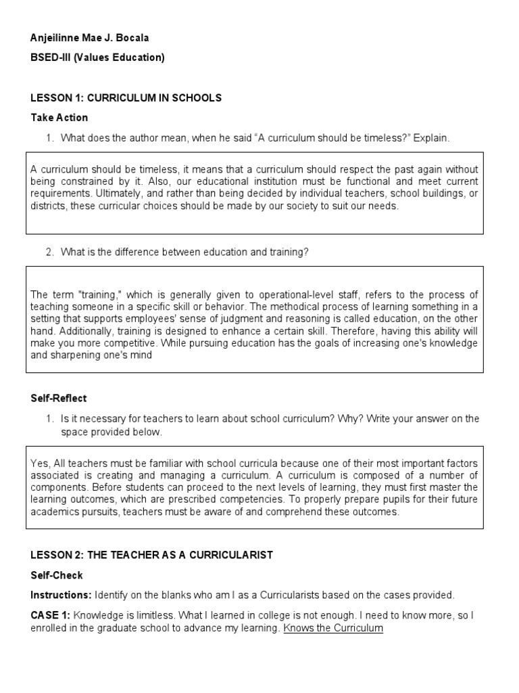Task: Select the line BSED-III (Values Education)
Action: click(97, 58)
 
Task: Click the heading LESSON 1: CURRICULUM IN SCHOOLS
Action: click(126, 98)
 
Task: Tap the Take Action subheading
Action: click(59, 118)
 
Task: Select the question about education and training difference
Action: click(184, 252)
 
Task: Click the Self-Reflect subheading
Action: click(59, 399)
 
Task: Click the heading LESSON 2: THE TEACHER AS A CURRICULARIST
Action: click(151, 555)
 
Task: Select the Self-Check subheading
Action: click(57, 575)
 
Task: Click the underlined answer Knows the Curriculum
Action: click(333, 628)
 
